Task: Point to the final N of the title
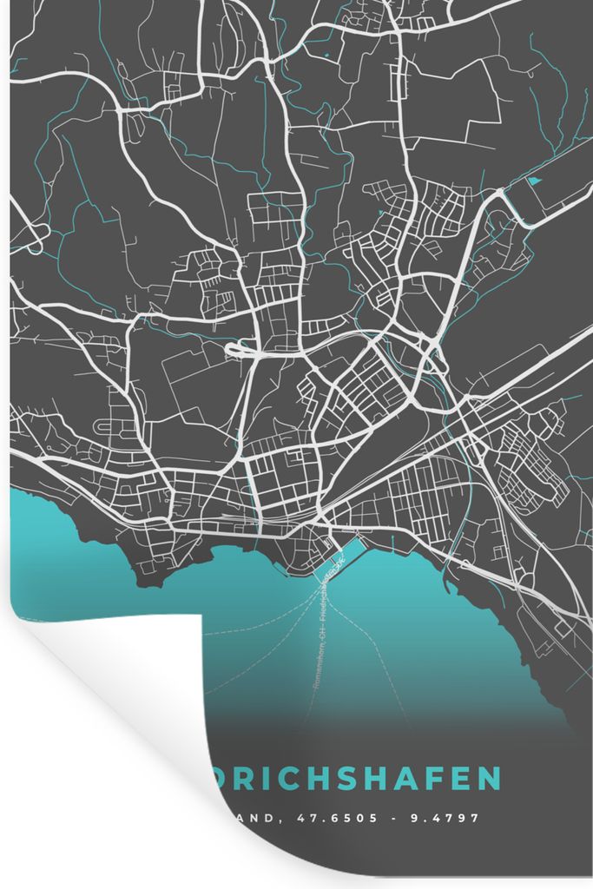(x=491, y=778)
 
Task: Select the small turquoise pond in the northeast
(x=533, y=181)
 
